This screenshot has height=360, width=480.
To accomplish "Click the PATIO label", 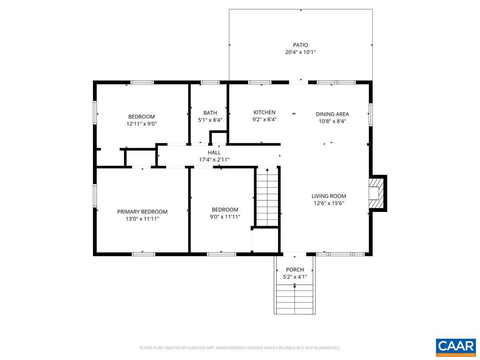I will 300,45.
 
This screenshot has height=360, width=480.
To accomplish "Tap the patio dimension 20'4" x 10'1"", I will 300,52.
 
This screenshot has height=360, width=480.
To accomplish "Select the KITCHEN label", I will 264,112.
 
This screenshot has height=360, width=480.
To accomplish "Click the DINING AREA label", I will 332,114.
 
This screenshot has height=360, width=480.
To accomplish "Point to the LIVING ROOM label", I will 329,196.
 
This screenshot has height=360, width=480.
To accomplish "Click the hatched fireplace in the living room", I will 376,193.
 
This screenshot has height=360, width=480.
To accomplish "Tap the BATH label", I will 210,113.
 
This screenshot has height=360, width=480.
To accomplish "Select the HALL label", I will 214,152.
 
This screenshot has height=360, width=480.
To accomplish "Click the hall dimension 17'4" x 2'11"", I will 214,160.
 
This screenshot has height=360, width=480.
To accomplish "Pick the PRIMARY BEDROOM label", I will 142,212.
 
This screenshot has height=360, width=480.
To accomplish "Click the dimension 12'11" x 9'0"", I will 142,124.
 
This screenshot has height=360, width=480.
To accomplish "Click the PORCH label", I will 295,270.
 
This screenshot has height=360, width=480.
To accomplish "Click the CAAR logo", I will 456,347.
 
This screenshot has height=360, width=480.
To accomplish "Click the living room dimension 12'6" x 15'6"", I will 329,203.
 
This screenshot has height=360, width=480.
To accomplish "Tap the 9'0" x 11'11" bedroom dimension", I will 225,217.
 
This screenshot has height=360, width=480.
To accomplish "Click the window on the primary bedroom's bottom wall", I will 144,254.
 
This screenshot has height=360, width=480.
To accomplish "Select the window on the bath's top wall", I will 210,82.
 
